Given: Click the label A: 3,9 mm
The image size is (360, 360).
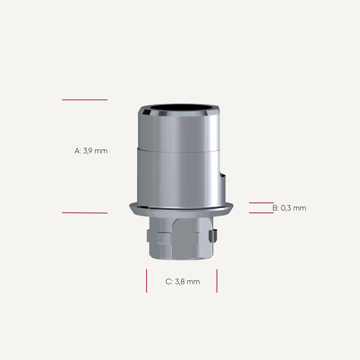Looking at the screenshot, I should pos(91,151).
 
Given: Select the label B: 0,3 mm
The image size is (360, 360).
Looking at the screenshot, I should pos(289,208).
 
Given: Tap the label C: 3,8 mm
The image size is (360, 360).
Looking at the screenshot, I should pos(183,282).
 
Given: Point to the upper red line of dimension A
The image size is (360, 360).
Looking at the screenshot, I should pos(85,100).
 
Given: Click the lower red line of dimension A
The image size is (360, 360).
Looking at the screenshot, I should pos(85,213).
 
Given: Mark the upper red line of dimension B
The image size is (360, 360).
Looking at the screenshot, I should pos(261,203).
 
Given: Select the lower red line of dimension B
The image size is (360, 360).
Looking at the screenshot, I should pos(261,213).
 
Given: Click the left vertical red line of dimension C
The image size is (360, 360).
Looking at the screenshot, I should pos(146,281).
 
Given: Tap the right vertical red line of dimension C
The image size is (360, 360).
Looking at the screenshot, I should pos(217,281).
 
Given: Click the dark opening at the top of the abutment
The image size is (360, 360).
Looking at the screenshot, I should pos(178,110).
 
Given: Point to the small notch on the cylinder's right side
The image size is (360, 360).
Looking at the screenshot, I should pos(223,176).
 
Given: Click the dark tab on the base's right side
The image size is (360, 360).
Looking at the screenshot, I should pos(214,236).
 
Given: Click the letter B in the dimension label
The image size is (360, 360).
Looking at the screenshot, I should pos(275,208).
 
